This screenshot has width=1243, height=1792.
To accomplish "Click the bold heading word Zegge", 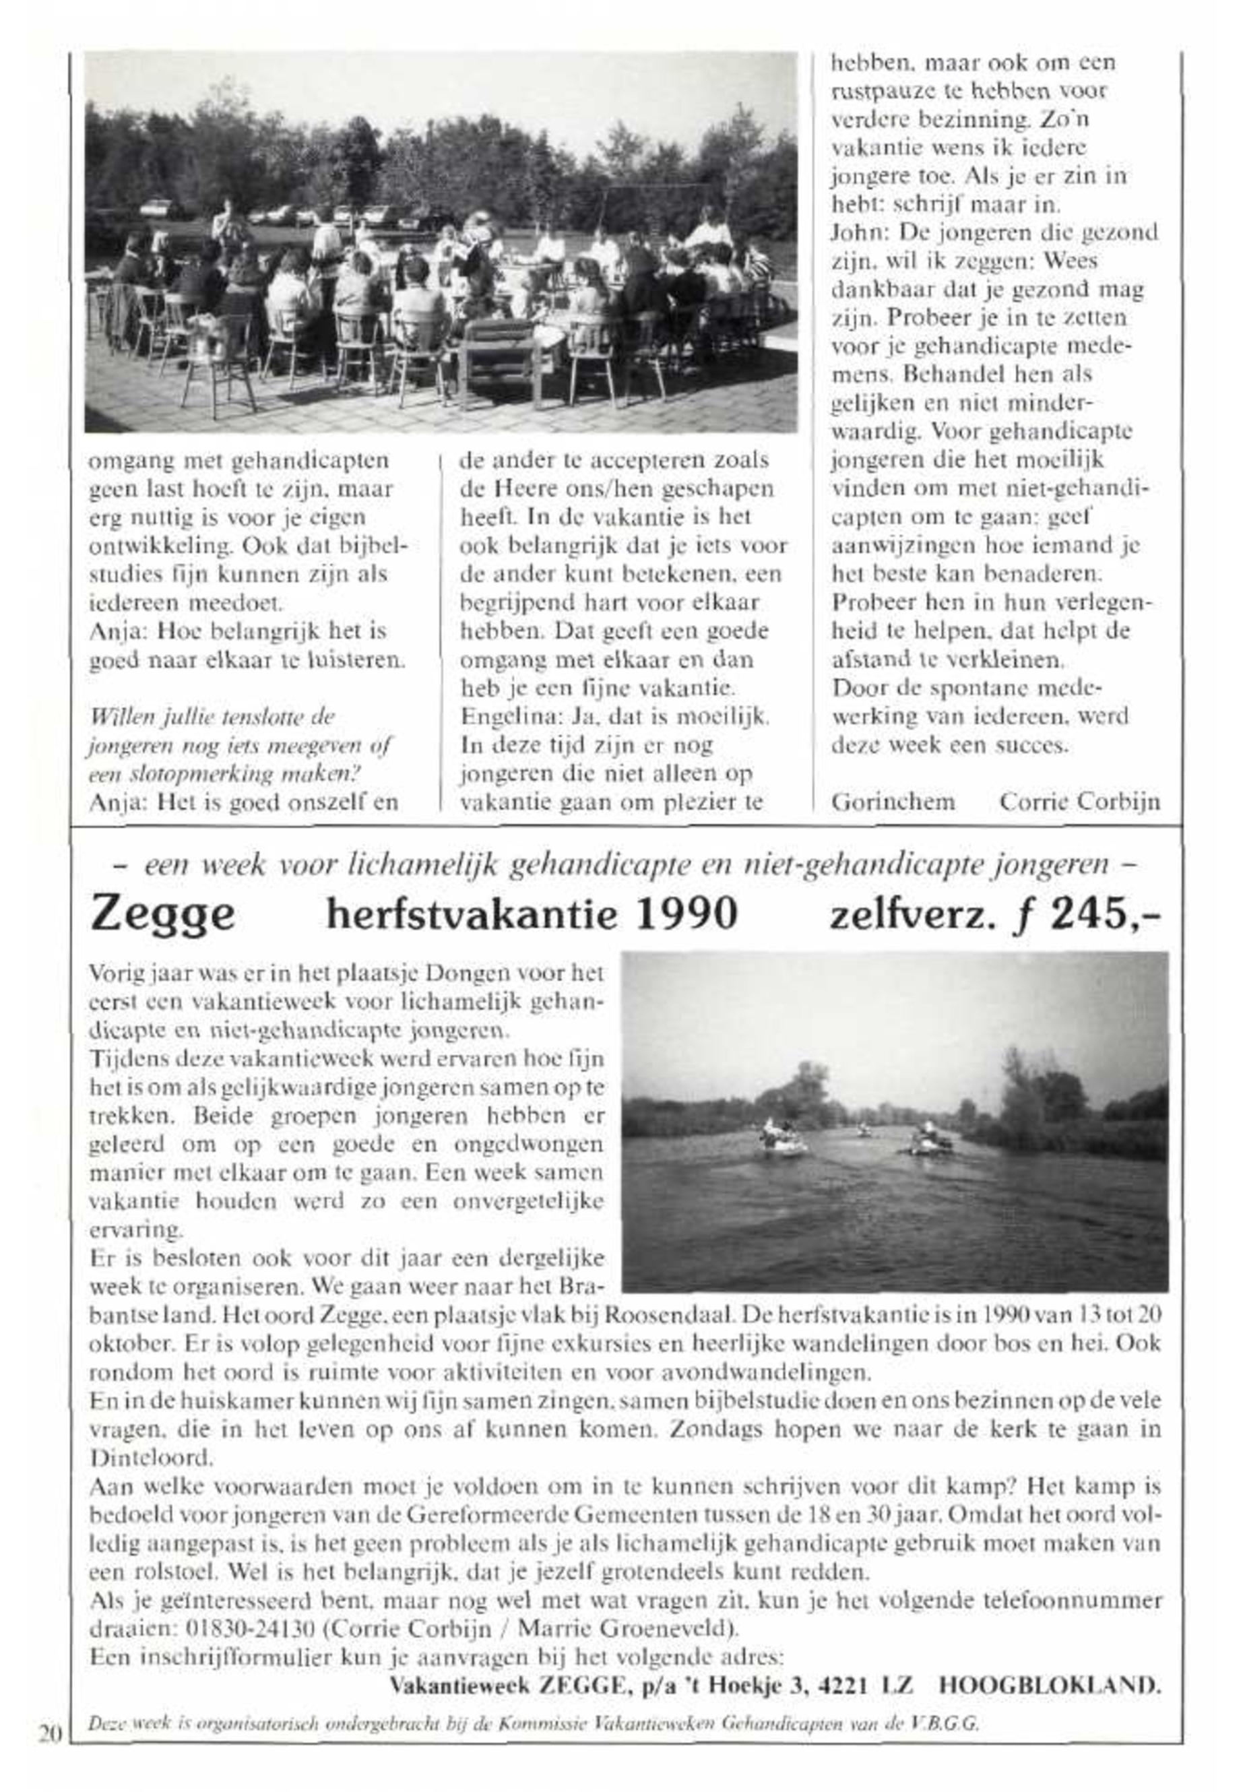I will click(162, 914).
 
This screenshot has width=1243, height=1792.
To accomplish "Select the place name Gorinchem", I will click(893, 802).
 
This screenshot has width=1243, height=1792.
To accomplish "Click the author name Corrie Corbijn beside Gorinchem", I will click(1079, 802).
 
